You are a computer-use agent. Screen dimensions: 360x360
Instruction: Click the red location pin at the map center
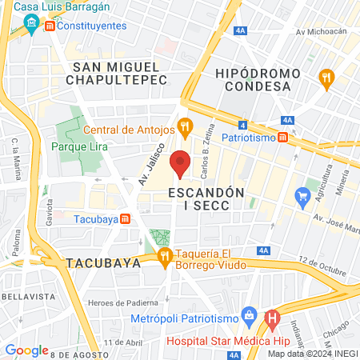point(181,163)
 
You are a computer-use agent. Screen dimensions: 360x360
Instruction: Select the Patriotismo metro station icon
point(283,137)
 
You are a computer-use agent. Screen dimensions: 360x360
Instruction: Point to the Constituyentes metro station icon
point(50,26)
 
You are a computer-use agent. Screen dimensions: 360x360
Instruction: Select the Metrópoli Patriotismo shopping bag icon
point(249,314)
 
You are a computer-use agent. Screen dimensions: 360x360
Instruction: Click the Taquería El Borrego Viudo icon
point(166,256)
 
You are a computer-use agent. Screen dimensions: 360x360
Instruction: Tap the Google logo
point(26,350)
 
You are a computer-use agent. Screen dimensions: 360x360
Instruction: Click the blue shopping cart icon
point(302,195)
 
